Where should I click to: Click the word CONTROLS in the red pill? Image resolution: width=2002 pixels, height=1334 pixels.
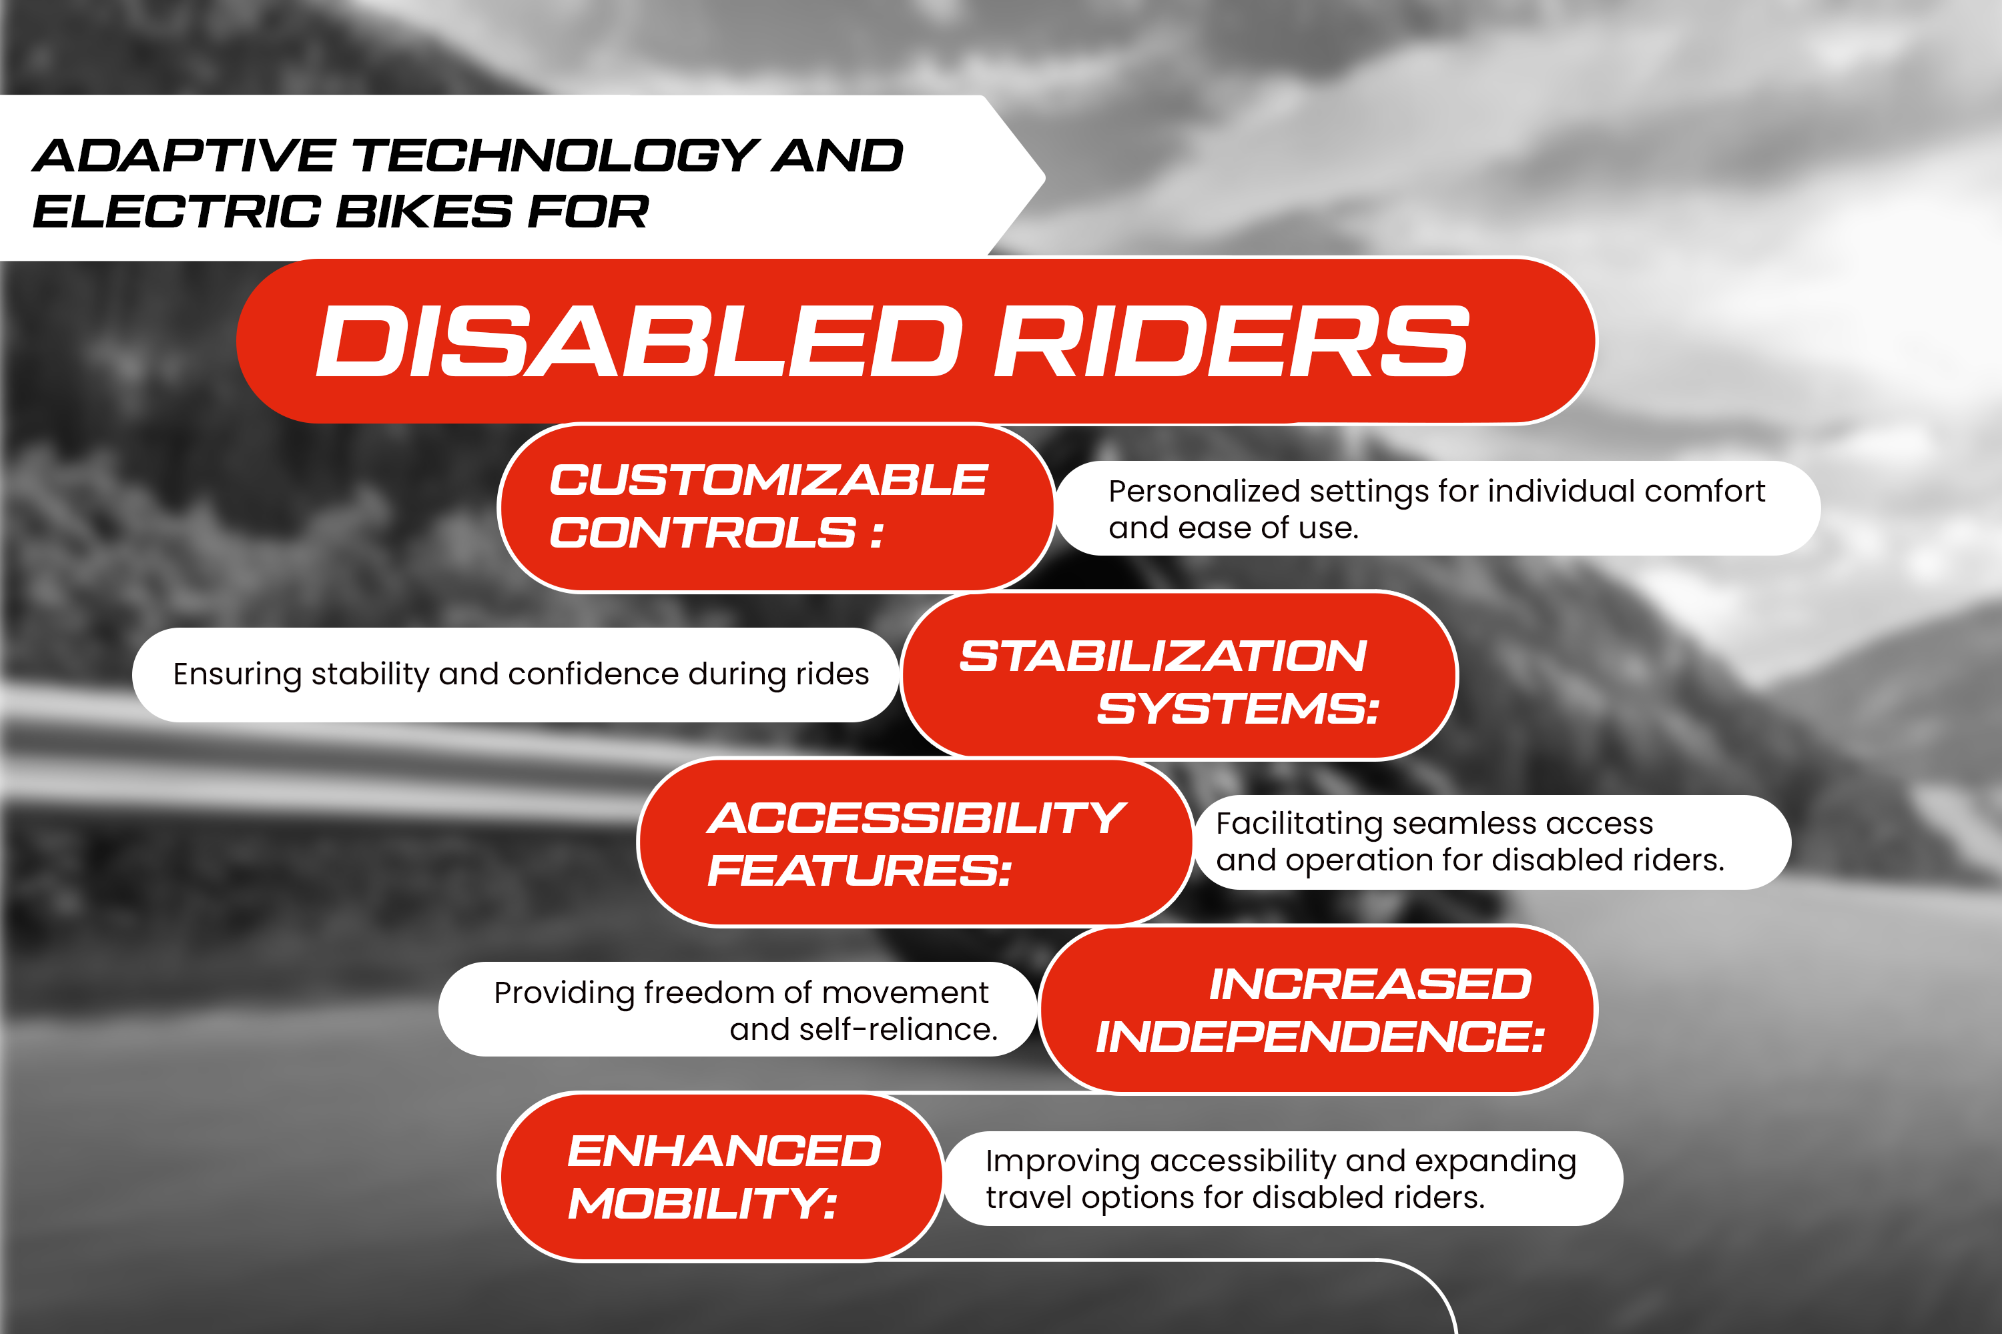(703, 532)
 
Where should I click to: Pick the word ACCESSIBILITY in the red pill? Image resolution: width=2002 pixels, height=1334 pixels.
(917, 818)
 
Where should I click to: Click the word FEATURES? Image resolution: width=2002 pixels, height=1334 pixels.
(859, 870)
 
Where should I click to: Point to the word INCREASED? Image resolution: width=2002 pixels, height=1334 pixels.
(1369, 984)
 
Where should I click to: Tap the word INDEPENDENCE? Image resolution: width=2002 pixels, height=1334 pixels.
(1319, 1037)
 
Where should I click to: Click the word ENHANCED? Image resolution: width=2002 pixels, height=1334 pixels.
(724, 1151)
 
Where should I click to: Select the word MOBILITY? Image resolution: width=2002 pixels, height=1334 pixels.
(702, 1204)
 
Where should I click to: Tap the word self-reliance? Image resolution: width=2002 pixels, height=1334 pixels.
(863, 1029)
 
